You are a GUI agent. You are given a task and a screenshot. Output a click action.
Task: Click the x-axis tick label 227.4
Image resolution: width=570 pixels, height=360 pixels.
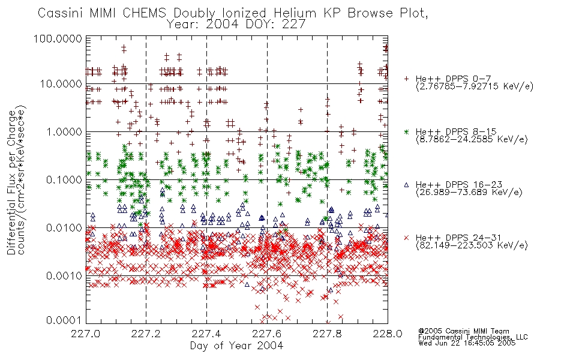[206, 334]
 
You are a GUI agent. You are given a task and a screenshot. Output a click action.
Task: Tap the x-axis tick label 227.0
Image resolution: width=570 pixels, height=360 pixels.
[86, 334]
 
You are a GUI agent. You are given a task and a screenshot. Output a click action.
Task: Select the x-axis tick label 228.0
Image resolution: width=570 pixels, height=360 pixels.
[388, 334]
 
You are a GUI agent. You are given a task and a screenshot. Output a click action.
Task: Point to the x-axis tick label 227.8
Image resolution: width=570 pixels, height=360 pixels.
[327, 334]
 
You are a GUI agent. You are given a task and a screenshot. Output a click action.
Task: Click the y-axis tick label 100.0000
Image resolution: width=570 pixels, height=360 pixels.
[58, 38]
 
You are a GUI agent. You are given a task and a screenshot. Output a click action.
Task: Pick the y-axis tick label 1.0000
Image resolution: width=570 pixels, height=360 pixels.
[64, 131]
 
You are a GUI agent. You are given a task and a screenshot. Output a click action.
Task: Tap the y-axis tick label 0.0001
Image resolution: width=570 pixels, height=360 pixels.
[64, 320]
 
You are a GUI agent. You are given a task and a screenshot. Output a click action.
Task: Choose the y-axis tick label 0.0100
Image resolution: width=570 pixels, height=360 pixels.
[64, 228]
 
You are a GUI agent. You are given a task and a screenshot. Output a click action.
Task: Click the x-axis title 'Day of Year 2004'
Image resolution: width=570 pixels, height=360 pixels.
[236, 346]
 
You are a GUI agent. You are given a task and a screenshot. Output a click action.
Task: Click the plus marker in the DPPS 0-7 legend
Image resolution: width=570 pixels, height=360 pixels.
[406, 79]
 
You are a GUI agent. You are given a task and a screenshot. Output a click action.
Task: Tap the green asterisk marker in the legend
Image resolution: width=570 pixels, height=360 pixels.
[406, 131]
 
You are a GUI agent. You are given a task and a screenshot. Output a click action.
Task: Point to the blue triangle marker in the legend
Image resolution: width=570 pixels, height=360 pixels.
[406, 185]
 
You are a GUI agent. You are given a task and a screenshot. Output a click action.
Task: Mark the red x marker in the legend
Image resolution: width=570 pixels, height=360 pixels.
[406, 238]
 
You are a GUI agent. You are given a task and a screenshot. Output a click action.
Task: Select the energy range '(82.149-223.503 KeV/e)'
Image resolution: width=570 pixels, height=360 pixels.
[472, 245]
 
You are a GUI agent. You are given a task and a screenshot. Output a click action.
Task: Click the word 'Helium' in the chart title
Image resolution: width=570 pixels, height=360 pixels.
[295, 13]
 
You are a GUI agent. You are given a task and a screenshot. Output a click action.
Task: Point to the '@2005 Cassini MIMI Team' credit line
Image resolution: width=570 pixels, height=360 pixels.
[463, 331]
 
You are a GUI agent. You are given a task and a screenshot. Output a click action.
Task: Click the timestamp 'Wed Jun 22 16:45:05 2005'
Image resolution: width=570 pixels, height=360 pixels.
[467, 343]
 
